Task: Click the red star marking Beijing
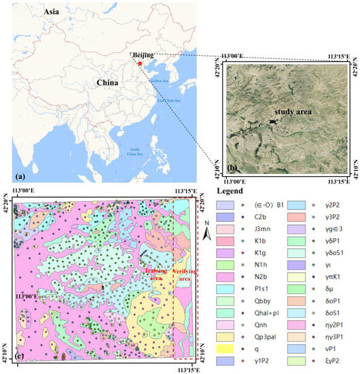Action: tap(140, 63)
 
